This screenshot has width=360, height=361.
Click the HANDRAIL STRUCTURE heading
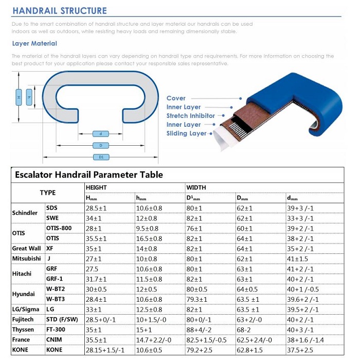coord(60,11)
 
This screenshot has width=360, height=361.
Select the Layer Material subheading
coord(34,44)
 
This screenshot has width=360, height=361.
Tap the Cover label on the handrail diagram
coord(176,98)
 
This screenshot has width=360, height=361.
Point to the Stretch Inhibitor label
coord(190,116)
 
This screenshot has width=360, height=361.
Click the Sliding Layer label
coord(186,133)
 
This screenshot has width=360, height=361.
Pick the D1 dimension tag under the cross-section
coord(101,157)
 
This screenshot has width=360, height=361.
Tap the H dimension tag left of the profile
coord(19,97)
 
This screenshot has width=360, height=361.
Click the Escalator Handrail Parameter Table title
coord(89,175)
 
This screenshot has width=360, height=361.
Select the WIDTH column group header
coord(196,188)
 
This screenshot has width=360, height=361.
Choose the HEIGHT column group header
coord(96,188)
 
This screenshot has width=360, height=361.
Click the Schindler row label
coord(24,213)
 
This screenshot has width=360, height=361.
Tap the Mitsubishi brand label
coord(26,258)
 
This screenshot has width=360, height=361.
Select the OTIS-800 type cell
coord(59,228)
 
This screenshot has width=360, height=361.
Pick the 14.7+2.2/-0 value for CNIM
coord(154,340)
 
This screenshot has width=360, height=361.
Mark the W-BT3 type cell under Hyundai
coord(55,299)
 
